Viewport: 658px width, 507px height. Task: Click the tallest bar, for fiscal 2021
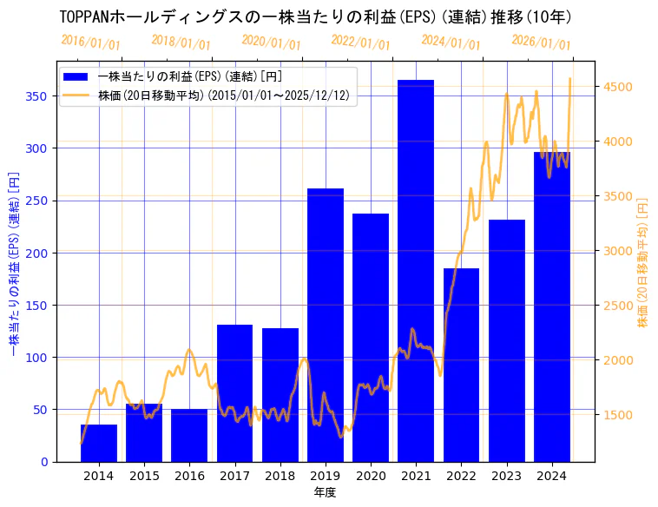point(416,269)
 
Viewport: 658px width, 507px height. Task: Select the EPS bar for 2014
point(99,443)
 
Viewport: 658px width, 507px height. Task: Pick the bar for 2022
point(461,365)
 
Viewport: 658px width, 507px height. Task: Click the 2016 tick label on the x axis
point(189,476)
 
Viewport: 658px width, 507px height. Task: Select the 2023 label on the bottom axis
point(506,476)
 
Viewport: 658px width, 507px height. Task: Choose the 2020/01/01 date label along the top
point(271,43)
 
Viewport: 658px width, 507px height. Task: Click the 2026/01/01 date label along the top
point(541,43)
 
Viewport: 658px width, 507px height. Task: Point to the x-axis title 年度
point(325,492)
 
